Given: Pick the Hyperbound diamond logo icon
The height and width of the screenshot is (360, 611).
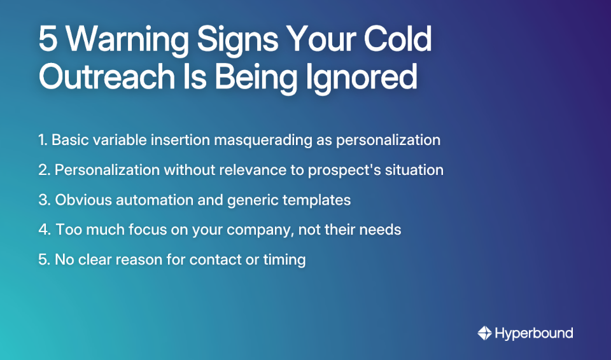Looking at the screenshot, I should click(x=484, y=333).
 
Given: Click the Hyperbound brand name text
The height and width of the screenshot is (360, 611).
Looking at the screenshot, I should click(x=534, y=333).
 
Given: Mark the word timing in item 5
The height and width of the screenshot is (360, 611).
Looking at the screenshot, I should click(x=285, y=260).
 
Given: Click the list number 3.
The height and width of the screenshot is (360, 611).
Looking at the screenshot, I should click(x=43, y=200).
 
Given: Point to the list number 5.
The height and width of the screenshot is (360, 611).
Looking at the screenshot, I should click(x=43, y=260).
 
